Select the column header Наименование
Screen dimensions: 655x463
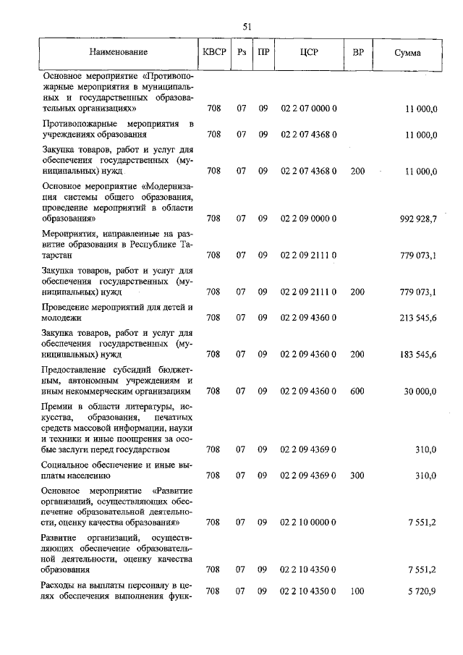119,52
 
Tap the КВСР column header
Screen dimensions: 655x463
213,52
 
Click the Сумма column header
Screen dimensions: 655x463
407,52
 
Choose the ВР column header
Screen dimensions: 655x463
357,52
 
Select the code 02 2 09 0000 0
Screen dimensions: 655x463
309,218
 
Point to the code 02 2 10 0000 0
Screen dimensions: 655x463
309,522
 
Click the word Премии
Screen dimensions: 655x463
60,407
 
